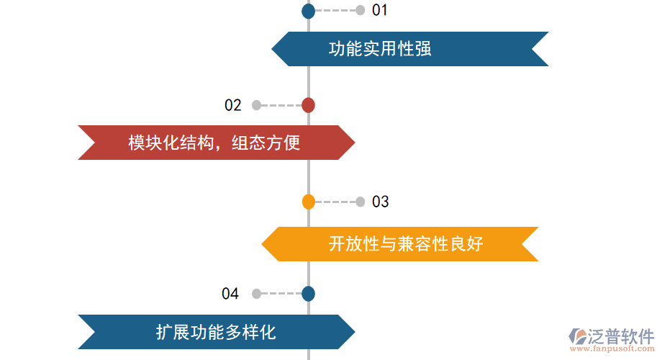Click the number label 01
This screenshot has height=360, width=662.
(380, 10)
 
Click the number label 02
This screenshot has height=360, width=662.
(233, 105)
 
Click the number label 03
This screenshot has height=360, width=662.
(381, 202)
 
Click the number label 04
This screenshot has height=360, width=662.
(230, 294)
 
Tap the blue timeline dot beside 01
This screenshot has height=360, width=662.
(308, 11)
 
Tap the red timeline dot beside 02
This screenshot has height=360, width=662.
(308, 105)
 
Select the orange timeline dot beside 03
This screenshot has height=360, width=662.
(308, 202)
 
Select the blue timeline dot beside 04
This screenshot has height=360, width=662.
(308, 294)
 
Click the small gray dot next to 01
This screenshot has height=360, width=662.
(361, 10)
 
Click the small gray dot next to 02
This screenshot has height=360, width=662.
(256, 105)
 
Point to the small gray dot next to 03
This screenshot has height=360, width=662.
(361, 202)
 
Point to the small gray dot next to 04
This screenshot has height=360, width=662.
(256, 294)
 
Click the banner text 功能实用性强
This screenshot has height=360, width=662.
(380, 49)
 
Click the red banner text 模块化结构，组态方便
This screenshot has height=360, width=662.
(214, 143)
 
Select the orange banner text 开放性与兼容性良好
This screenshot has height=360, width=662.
(405, 244)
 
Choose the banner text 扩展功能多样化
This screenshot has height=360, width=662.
(216, 332)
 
